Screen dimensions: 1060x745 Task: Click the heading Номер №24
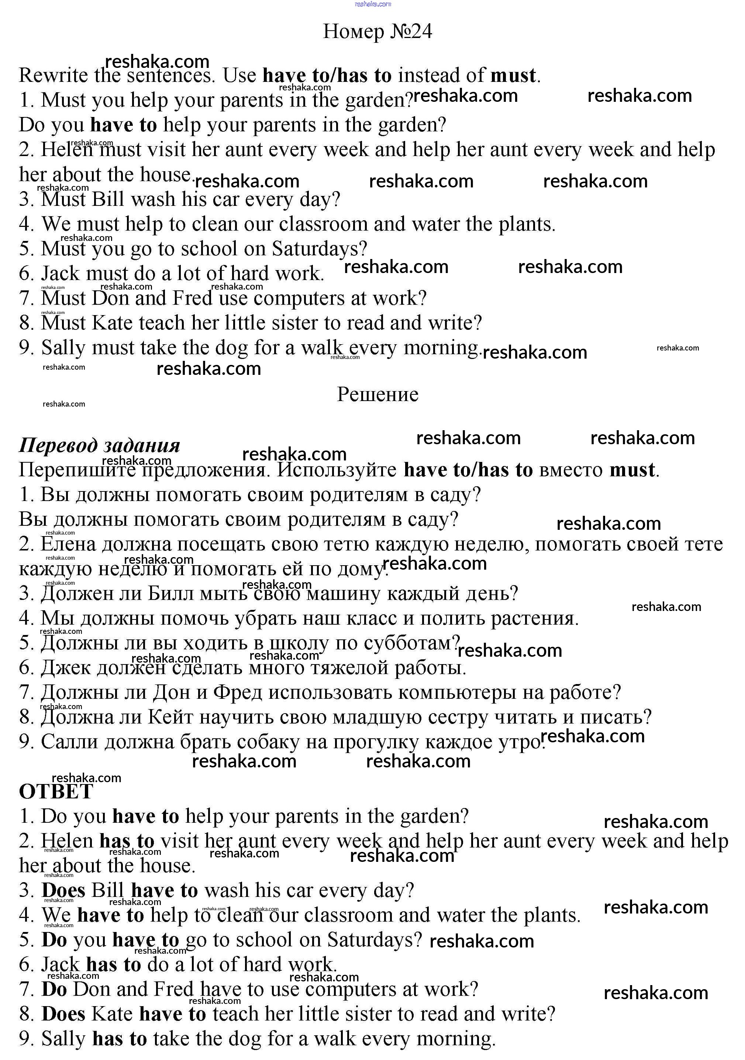point(377,31)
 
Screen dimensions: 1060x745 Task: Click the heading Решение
point(377,394)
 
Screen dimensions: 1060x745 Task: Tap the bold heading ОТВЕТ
point(56,791)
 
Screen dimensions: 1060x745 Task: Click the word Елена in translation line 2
point(68,544)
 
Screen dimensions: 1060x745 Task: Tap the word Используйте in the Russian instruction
point(337,470)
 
